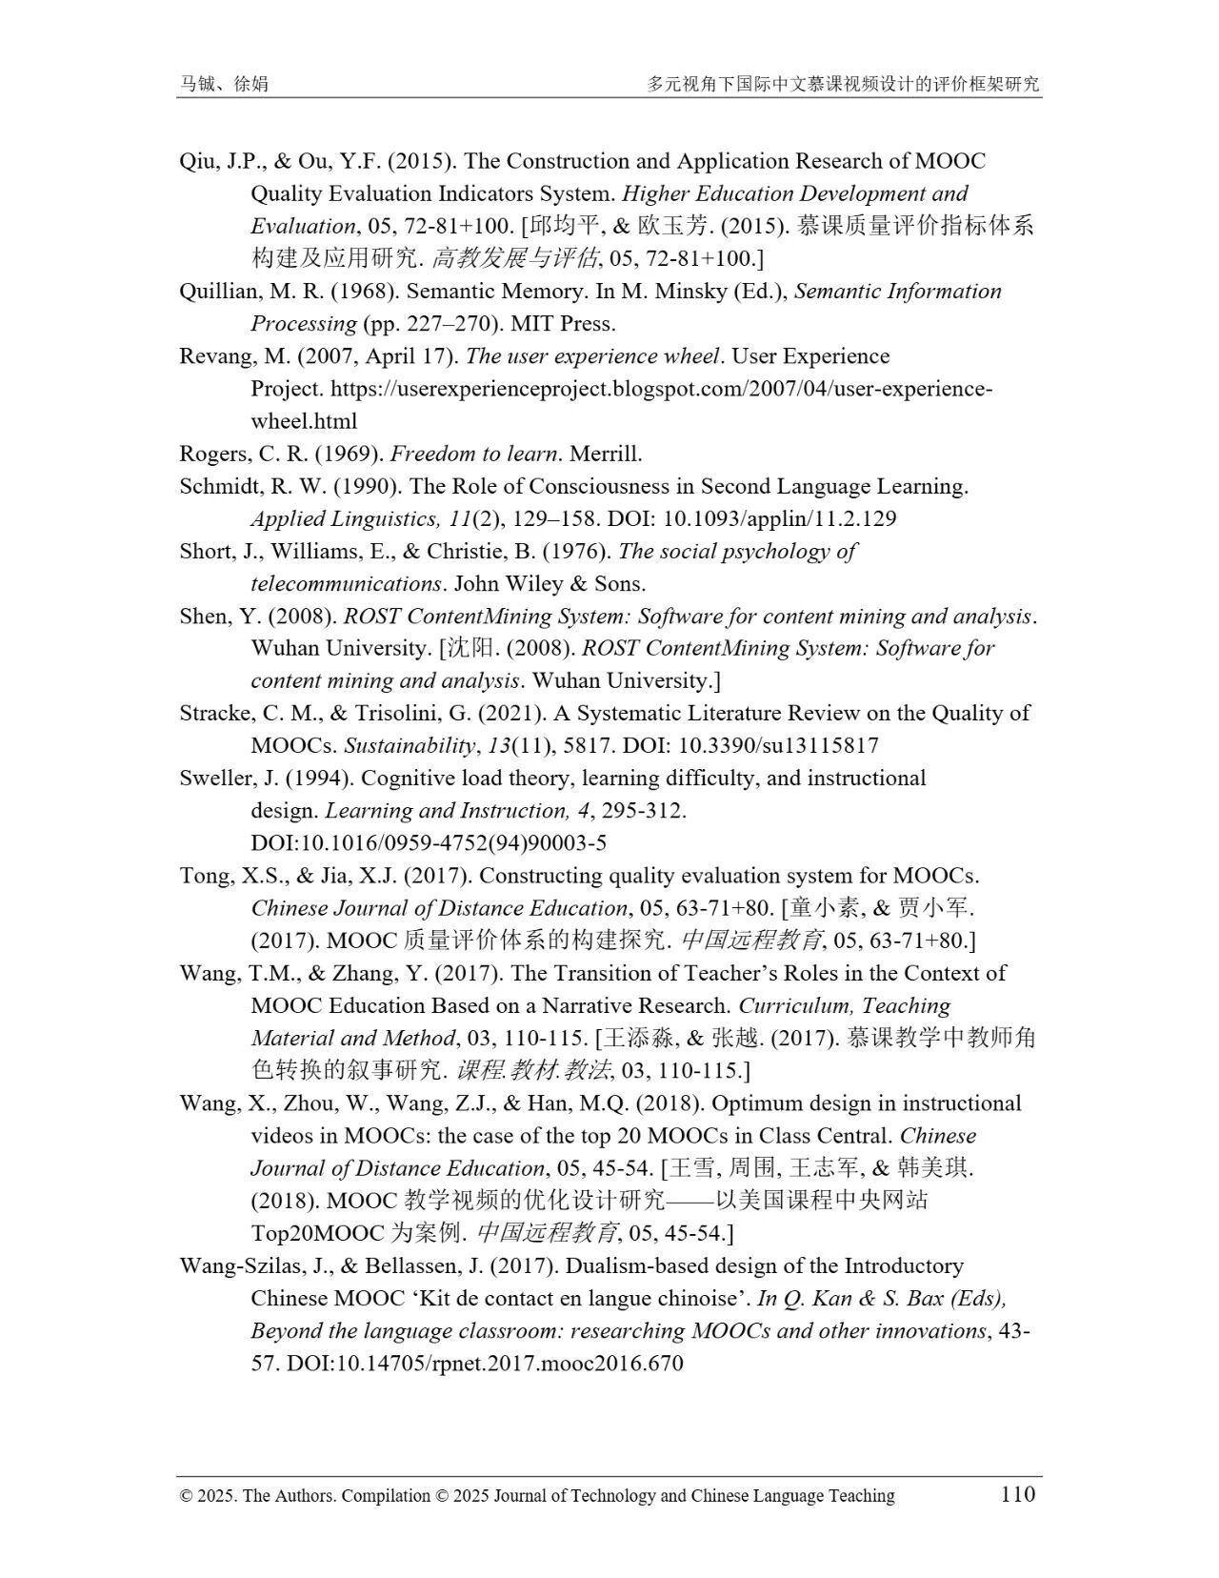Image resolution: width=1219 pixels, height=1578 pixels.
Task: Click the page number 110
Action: [x=1017, y=1493]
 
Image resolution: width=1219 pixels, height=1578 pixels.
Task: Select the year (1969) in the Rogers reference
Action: [x=351, y=454]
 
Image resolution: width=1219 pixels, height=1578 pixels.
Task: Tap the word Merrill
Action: [x=606, y=454]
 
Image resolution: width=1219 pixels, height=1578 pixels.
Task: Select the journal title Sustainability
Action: [x=409, y=746]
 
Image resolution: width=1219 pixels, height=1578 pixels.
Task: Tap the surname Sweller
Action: [x=214, y=779]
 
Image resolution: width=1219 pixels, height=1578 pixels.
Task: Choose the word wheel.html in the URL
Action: [x=304, y=422]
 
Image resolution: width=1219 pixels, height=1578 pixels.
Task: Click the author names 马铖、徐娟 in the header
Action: [x=224, y=84]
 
